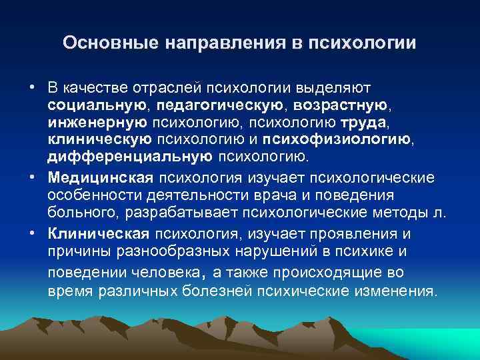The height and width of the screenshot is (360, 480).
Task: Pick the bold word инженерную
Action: pyautogui.click(x=97, y=123)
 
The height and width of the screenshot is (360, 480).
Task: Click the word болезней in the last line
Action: pyautogui.click(x=253, y=291)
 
